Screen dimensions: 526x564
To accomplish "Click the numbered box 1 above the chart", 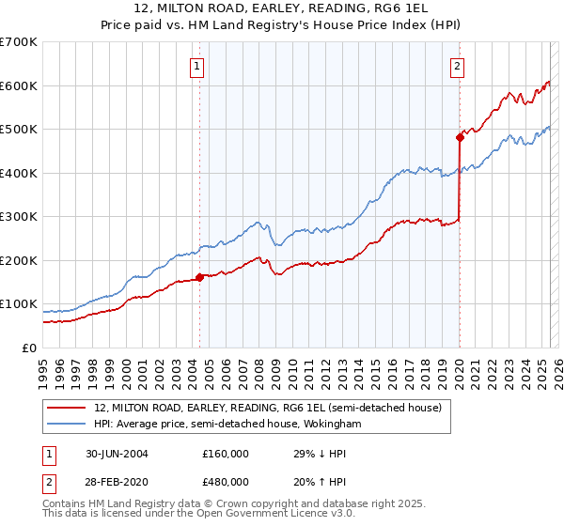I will click(x=198, y=66).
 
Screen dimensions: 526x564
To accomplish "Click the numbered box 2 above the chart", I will click(x=457, y=66).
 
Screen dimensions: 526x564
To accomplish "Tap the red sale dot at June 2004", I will click(x=200, y=277).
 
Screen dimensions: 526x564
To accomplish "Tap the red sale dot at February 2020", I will click(x=460, y=137).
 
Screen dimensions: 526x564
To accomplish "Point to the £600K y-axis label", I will click(x=19, y=85).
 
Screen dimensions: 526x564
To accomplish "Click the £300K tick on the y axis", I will click(x=19, y=216).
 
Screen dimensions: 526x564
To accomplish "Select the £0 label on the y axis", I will click(x=31, y=348).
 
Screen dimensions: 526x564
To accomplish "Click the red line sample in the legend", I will click(x=68, y=408).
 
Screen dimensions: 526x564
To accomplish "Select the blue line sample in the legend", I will click(x=68, y=425).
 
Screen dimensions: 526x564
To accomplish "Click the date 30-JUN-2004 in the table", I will click(x=109, y=453).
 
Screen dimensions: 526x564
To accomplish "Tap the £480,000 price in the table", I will click(x=226, y=481).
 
